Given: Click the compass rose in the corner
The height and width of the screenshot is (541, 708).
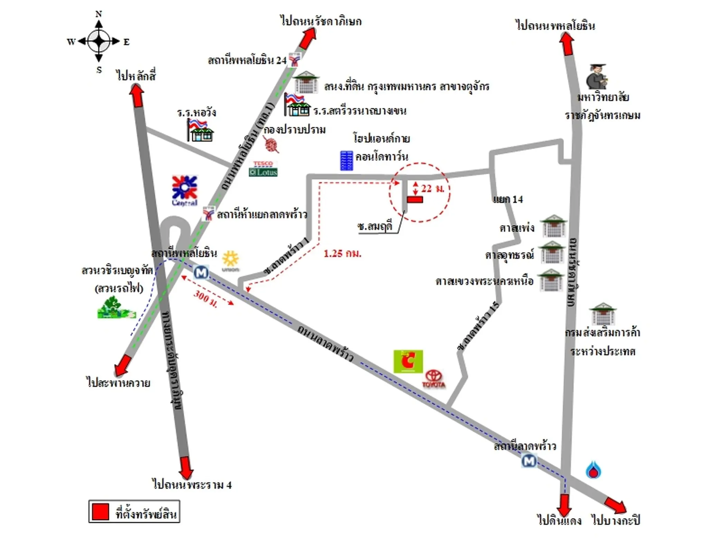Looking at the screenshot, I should [99, 41].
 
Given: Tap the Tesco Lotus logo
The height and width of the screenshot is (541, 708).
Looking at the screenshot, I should [263, 169].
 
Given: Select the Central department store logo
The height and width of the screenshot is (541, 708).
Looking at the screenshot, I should [185, 190].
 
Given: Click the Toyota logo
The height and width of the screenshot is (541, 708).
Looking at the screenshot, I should [434, 379].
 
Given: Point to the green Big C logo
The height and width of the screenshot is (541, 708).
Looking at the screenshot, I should [408, 361].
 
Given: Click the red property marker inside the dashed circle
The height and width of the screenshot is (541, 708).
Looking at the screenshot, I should [414, 199].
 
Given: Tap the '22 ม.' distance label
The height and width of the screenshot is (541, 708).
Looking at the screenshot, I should [432, 189].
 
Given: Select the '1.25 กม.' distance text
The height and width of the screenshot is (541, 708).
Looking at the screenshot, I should [342, 254].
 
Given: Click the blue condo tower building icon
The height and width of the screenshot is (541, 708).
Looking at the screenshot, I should [346, 160].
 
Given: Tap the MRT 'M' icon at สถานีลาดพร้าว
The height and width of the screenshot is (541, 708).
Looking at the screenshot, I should [529, 460].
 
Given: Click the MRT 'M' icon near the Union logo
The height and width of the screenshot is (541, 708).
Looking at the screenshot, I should [201, 272].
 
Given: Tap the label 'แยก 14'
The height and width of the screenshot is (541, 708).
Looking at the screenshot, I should [507, 199].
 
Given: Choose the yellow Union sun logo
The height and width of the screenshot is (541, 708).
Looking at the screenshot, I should [231, 260].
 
